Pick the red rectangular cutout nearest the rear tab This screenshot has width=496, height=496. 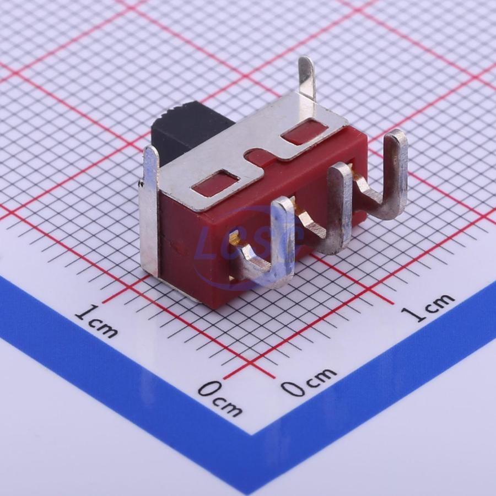click(x=304, y=130)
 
